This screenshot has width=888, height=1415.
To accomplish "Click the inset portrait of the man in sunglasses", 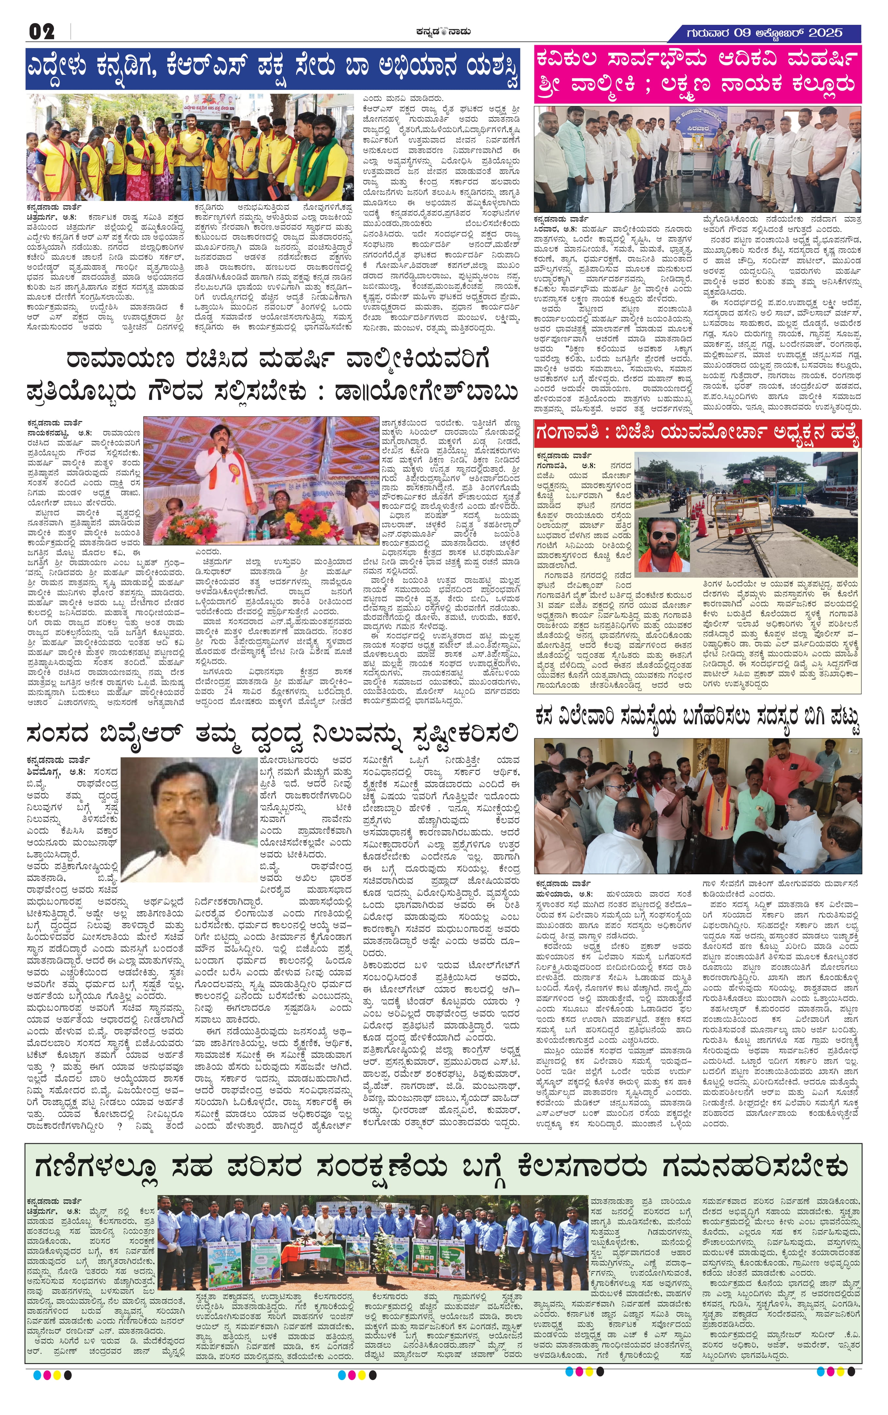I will click(664, 544).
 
